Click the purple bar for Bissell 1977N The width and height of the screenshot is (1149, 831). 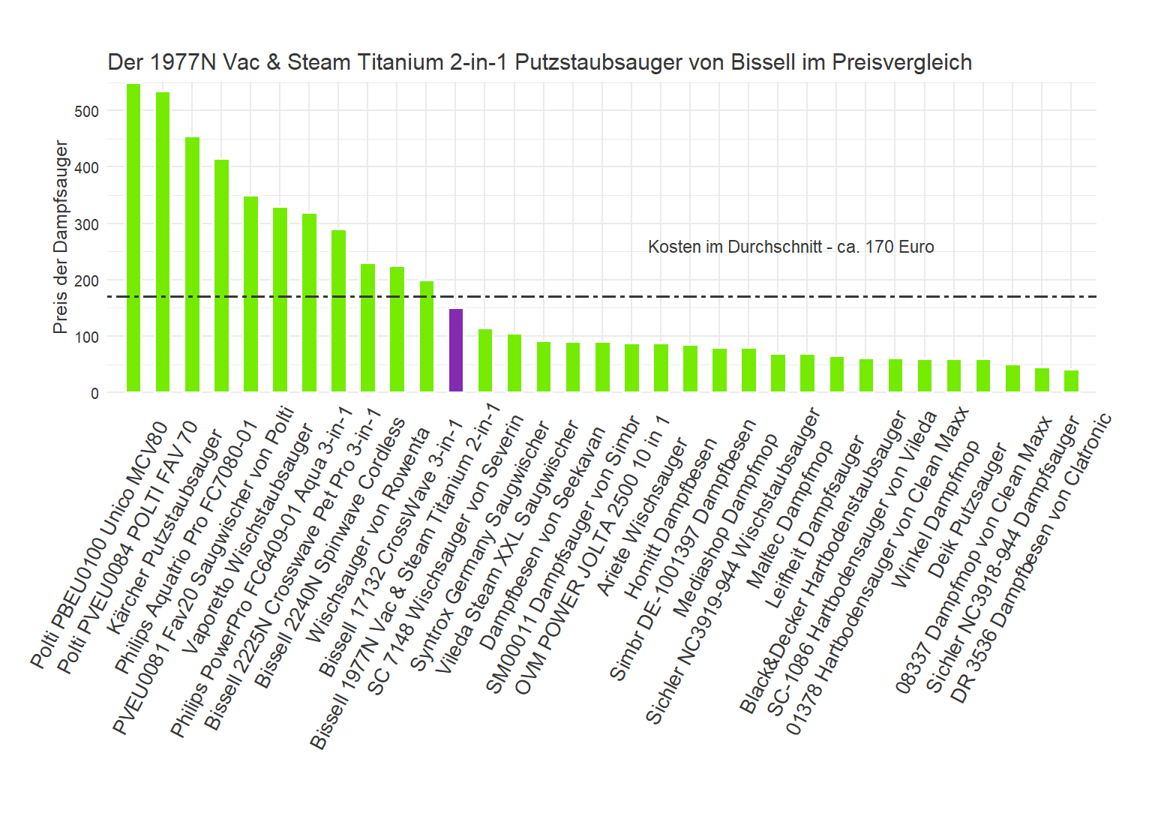pyautogui.click(x=455, y=350)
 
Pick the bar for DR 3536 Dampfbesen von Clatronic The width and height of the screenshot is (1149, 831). pyautogui.click(x=1071, y=381)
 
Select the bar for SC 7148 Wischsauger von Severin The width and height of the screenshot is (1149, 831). pyautogui.click(x=485, y=361)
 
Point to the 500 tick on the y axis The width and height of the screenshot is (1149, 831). pyautogui.click(x=86, y=112)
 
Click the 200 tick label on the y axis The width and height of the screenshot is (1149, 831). pyautogui.click(x=86, y=281)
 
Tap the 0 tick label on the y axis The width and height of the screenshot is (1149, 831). pyautogui.click(x=94, y=394)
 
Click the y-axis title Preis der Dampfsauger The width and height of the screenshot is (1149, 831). pyautogui.click(x=61, y=237)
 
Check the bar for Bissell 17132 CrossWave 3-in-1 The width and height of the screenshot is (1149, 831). pyautogui.click(x=426, y=337)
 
